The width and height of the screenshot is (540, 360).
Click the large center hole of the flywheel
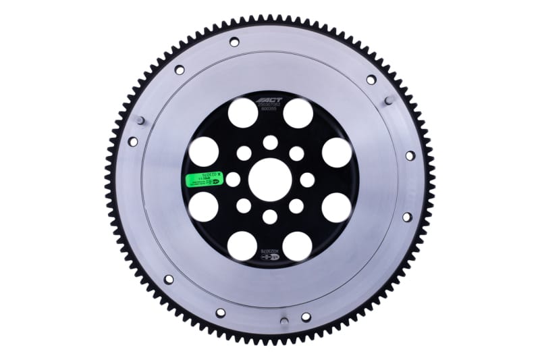[269, 180]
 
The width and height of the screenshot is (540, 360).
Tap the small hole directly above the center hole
[270, 143]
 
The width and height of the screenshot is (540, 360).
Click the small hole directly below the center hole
[270, 216]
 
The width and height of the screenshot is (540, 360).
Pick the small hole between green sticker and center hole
[233, 180]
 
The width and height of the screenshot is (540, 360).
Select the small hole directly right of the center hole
[306, 180]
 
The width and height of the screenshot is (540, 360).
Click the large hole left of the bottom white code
[242, 246]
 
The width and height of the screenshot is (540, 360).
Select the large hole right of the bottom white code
[298, 246]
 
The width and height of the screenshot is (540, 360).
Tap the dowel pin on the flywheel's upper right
[388, 101]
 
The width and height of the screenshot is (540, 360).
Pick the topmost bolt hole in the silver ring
[234, 42]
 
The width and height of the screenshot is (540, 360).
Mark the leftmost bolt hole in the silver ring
[133, 142]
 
